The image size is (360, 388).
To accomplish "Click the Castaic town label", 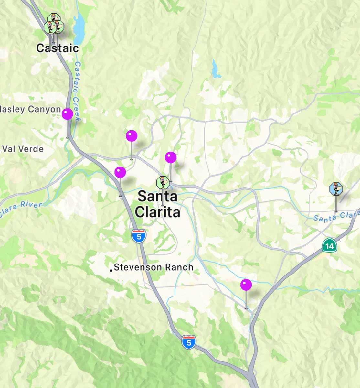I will [57, 48].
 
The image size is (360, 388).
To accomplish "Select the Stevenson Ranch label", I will [153, 267].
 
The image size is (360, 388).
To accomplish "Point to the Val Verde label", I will [23, 149].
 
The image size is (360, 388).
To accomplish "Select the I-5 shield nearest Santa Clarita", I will [139, 236].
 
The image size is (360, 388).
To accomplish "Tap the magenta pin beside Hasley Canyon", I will [68, 114].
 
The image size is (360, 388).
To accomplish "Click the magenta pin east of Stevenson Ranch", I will [246, 285].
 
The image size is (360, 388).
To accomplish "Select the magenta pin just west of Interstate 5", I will [120, 172].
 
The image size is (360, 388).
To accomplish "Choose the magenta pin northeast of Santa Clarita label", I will [171, 157].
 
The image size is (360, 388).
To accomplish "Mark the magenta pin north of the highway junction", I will [132, 136].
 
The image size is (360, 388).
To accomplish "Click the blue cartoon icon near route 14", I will [336, 189].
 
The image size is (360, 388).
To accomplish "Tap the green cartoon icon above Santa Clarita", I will [162, 183].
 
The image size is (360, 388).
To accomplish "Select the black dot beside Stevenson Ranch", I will [111, 270].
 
